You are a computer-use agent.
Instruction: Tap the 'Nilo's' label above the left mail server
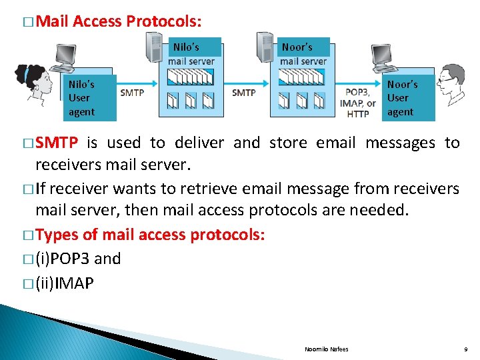186,47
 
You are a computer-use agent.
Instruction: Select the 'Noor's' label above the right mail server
297,47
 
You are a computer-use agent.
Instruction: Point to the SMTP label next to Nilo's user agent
132,93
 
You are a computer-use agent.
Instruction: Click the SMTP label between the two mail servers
243,93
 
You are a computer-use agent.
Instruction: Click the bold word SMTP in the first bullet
57,143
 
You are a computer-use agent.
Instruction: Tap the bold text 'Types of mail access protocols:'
150,235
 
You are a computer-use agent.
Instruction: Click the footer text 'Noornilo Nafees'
326,349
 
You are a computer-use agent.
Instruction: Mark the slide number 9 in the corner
465,349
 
